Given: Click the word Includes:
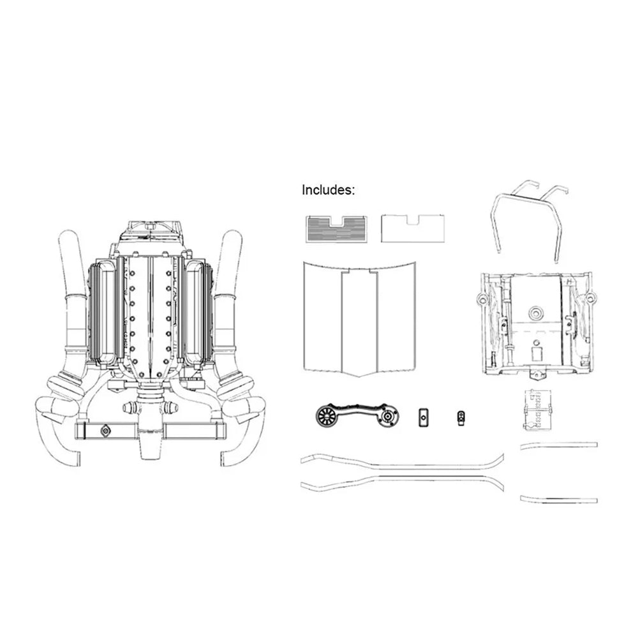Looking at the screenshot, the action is click(328, 190).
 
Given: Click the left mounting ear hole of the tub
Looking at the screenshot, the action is click(483, 299).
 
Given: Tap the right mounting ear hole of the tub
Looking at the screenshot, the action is click(589, 299).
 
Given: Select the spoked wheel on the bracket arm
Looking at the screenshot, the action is click(327, 415).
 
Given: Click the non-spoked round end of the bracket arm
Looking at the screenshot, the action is click(388, 416).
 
